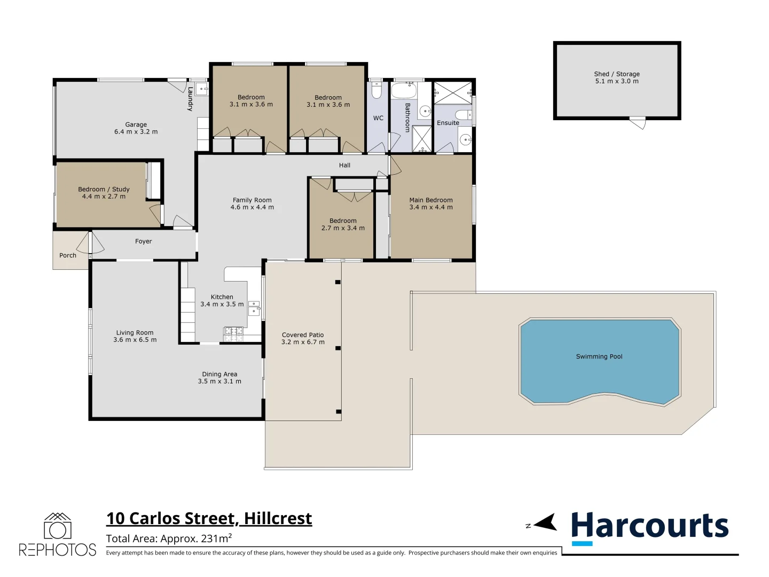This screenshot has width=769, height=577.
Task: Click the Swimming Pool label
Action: [x=599, y=356]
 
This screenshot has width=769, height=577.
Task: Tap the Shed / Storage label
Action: [x=616, y=74]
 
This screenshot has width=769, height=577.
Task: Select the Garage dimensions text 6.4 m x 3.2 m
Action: [x=136, y=132]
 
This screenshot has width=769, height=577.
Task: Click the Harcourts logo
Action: [x=649, y=526]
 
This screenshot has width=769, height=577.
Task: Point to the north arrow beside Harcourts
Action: [x=544, y=523]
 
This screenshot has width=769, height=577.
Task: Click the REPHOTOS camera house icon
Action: [x=57, y=526]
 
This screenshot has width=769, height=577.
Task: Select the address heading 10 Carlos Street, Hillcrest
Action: [x=209, y=518]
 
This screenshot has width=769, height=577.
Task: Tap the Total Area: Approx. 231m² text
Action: [x=169, y=539]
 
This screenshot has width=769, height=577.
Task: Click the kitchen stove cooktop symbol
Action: [x=233, y=334]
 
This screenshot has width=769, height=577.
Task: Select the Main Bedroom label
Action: [x=430, y=200]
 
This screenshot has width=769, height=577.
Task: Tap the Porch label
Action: [x=68, y=255]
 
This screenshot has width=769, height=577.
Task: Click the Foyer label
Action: [x=143, y=241]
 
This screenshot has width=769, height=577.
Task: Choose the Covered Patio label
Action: [x=303, y=335]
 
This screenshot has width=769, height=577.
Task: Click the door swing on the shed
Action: [x=638, y=123]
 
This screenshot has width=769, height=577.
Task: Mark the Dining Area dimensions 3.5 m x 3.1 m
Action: [x=219, y=381]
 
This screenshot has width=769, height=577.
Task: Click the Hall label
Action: [x=344, y=165]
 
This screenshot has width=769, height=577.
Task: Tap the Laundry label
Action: [x=190, y=99]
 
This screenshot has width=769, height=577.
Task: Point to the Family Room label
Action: [x=252, y=200]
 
